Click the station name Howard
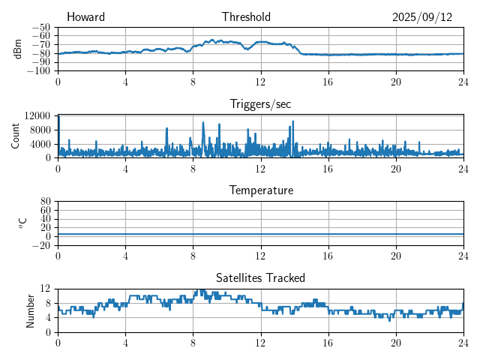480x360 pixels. click(85, 17)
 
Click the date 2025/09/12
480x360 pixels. click(422, 17)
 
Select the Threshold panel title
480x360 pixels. click(247, 17)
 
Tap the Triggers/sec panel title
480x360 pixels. click(260, 104)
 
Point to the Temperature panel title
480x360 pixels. click(261, 190)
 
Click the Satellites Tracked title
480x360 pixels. click(260, 278)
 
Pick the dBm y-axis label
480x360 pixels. click(18, 49)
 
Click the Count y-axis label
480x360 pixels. click(16, 136)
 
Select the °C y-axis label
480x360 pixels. click(22, 223)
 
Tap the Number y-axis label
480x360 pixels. click(31, 310)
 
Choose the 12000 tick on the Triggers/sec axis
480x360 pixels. click(37, 115)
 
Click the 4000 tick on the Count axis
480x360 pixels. click(40, 143)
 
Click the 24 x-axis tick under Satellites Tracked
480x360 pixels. click(463, 342)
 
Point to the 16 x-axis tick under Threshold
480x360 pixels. click(328, 81)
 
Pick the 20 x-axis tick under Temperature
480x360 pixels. click(396, 255)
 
